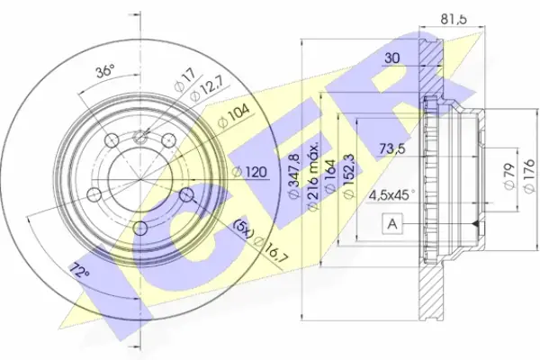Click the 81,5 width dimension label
coord(454,19)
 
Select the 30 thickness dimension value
coord(391,58)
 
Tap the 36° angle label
coord(105,72)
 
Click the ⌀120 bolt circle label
coord(249,172)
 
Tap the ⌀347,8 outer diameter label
coord(294,175)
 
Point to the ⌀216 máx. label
coord(313,175)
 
